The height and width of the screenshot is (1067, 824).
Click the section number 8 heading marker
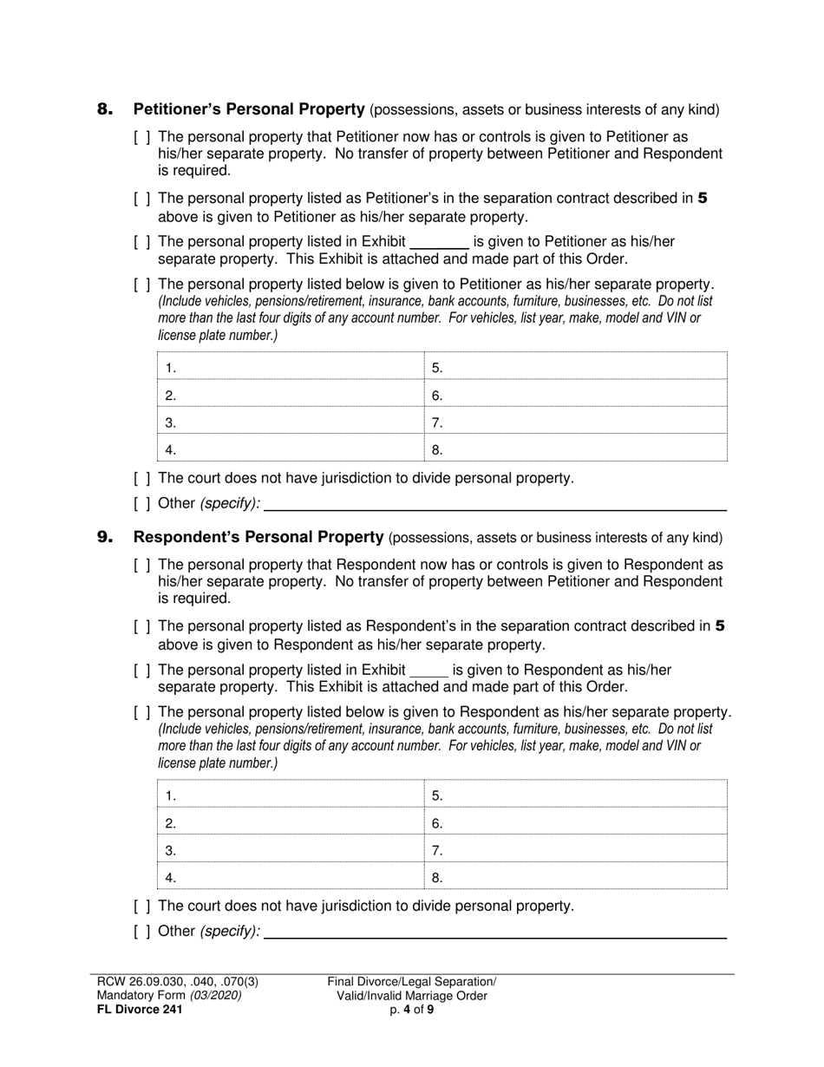104,109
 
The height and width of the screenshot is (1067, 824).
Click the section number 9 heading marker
104,537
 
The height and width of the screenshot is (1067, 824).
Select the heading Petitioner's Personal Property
248,109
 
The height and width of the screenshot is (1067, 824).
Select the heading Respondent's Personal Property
258,537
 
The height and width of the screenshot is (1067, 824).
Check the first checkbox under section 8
142,137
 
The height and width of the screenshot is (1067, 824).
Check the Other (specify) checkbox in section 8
142,503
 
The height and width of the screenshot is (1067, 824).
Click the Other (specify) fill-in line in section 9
494,932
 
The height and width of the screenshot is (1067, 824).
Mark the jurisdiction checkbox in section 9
142,906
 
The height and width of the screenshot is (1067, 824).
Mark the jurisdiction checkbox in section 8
142,478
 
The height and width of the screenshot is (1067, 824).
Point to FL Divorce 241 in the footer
140,1009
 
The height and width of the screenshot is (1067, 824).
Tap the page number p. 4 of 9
411,1009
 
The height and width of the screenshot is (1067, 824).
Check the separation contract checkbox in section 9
142,626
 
